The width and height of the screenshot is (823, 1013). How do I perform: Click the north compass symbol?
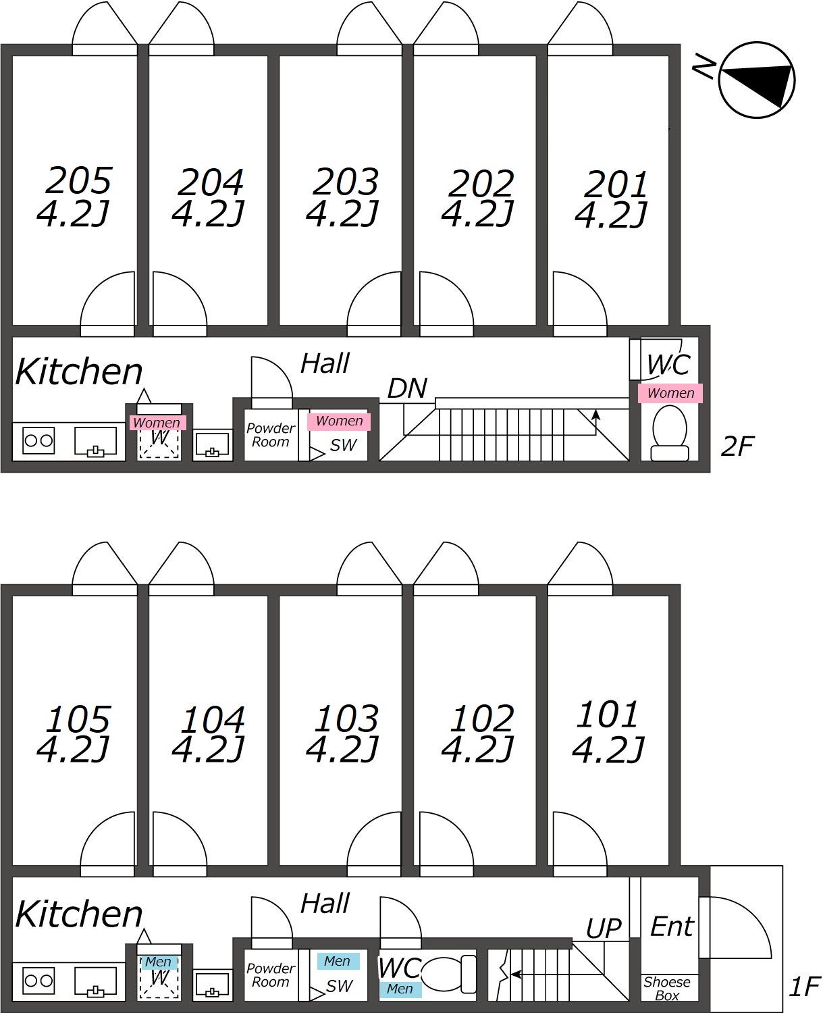click(756, 80)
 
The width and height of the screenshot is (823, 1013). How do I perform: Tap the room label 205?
click(78, 181)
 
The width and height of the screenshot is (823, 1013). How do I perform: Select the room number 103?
click(346, 719)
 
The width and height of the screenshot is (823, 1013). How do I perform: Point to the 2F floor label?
click(737, 446)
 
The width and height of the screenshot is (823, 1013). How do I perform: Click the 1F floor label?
click(804, 987)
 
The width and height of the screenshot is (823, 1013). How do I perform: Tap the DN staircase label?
click(407, 388)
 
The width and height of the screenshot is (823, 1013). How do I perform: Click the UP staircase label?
click(603, 929)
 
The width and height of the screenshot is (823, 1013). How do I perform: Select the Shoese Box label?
click(667, 989)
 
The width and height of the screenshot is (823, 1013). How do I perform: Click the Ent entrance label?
click(671, 927)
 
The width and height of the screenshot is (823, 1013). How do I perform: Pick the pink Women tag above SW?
click(339, 421)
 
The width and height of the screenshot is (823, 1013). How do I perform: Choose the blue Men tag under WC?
click(400, 989)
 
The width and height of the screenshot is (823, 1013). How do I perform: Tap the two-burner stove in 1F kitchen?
click(38, 981)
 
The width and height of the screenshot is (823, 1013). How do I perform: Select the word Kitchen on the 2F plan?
click(79, 371)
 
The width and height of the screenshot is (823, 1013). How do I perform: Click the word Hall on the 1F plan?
click(325, 904)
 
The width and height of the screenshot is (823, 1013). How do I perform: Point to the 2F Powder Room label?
click(270, 435)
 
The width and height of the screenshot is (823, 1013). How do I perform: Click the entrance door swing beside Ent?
click(735, 927)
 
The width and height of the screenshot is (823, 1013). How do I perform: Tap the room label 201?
click(616, 184)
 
